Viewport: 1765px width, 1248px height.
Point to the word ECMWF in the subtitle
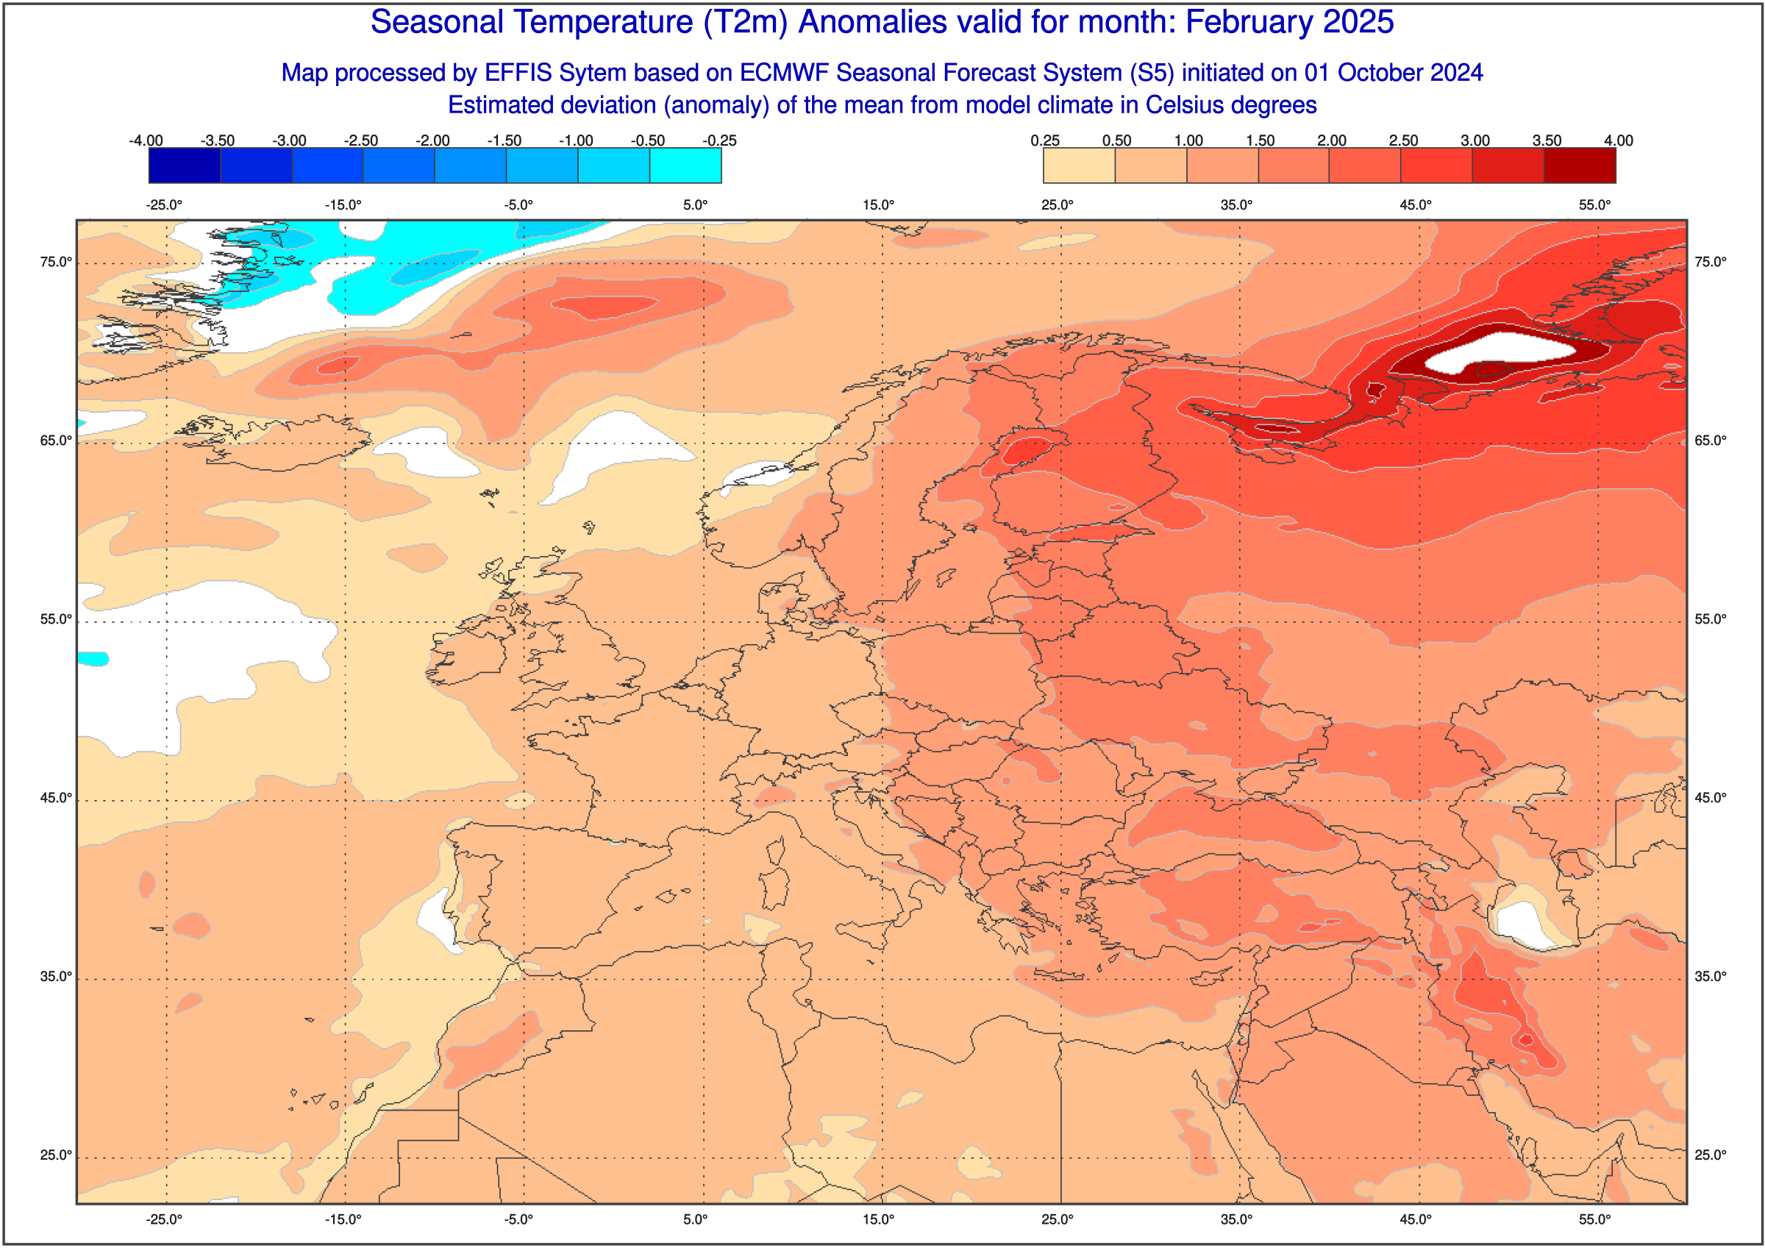point(784,72)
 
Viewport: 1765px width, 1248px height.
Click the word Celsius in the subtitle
point(1184,104)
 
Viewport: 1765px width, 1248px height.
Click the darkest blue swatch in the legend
point(185,165)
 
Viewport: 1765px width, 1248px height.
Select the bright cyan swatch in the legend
point(685,165)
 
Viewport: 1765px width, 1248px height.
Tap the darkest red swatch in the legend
point(1580,165)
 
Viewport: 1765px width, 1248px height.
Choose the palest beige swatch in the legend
point(1079,165)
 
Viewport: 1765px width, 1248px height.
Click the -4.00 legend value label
point(146,140)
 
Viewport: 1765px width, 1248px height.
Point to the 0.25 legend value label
point(1045,140)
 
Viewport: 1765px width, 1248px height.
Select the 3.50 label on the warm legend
point(1547,140)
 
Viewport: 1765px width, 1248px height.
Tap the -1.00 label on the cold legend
point(576,140)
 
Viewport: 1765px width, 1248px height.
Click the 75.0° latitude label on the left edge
point(56,263)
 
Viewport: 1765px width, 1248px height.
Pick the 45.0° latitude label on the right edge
point(1711,798)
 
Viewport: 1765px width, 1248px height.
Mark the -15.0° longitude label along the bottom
point(343,1219)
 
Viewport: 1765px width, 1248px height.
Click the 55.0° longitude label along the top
point(1595,204)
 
